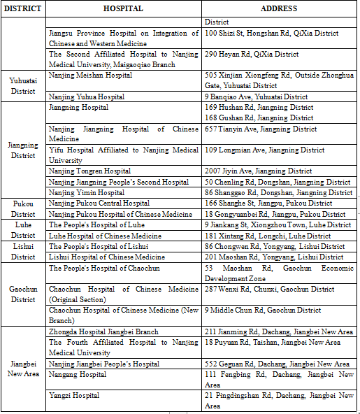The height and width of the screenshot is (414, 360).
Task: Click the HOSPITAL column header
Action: pos(123,9)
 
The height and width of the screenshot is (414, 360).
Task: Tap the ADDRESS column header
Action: pos(278,9)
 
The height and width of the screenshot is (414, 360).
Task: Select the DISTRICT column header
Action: pos(23,9)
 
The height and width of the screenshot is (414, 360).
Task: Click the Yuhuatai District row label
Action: pos(23,85)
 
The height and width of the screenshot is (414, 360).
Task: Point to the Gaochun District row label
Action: pos(23,294)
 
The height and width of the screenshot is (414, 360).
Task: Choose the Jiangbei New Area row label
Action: pos(23,369)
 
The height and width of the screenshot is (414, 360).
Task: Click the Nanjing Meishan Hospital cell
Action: pos(90,76)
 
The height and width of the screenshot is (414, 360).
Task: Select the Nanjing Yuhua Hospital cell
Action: pos(86,97)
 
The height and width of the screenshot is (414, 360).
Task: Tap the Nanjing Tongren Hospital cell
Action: pos(89,171)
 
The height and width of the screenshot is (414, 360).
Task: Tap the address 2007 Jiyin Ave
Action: pos(258,171)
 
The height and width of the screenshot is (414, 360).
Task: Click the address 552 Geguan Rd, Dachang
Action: pos(277,364)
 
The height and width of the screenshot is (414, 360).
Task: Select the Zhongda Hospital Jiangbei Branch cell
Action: pos(103,331)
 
